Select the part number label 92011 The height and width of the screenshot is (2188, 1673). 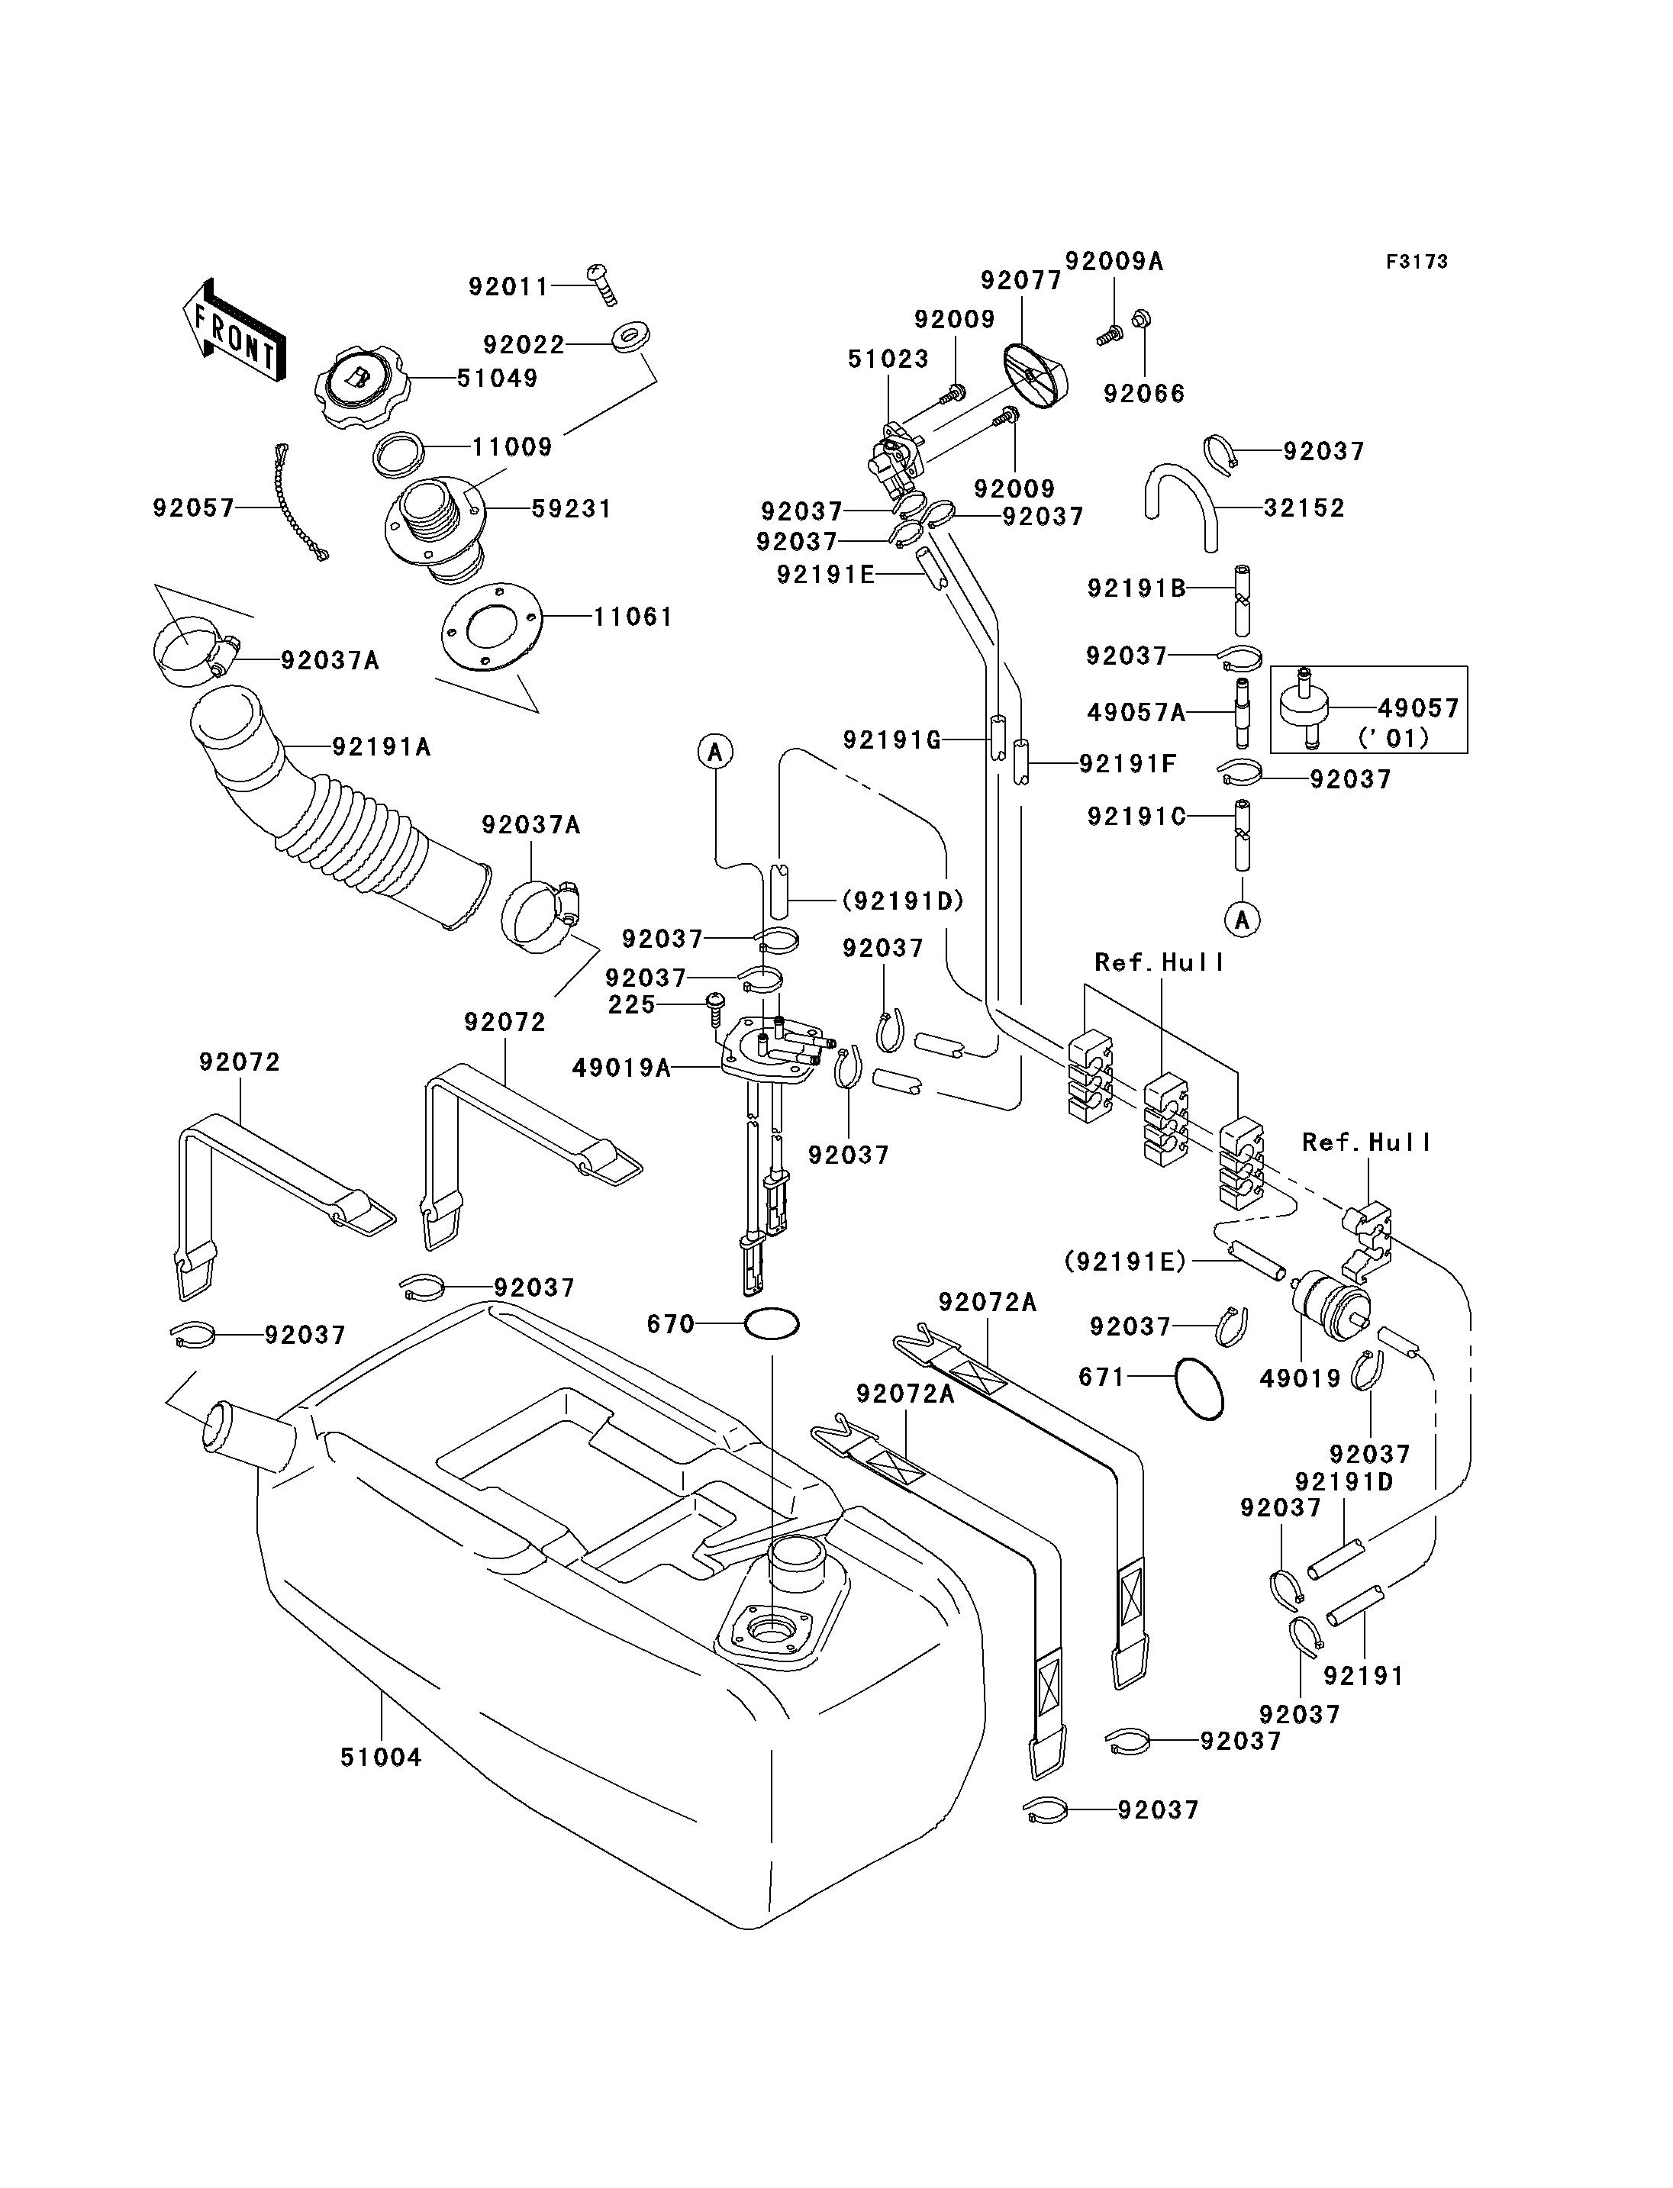[x=509, y=287]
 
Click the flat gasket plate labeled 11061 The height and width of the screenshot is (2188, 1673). [x=491, y=627]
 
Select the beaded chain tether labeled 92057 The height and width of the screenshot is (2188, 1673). [x=298, y=502]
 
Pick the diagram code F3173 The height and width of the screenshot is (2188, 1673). [x=1417, y=262]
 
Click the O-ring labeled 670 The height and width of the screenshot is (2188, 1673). [x=772, y=1325]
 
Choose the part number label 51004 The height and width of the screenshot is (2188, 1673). [x=382, y=1758]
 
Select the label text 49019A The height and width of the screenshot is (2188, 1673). [x=621, y=1068]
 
